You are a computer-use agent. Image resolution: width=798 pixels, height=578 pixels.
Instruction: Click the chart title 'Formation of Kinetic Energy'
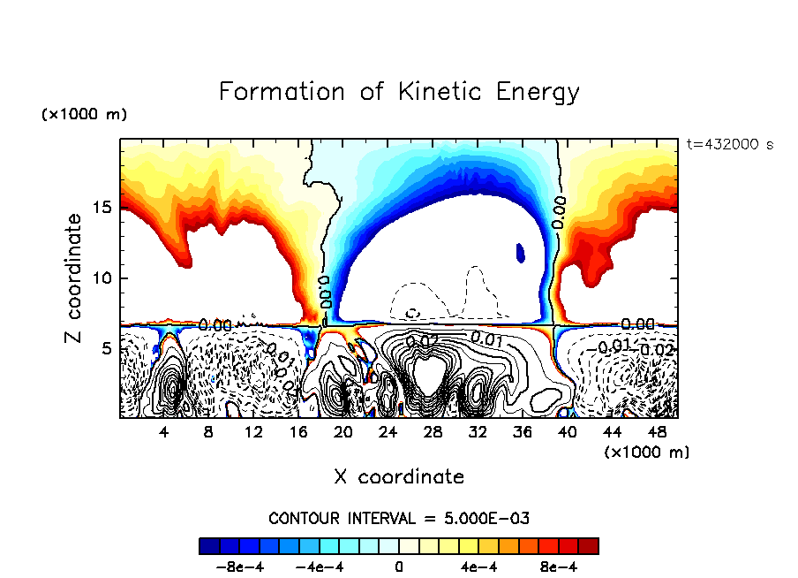pyautogui.click(x=399, y=92)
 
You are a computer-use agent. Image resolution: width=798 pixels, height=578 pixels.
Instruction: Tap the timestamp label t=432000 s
pyautogui.click(x=729, y=144)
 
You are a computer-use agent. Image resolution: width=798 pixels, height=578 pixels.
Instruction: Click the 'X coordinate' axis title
pyautogui.click(x=399, y=477)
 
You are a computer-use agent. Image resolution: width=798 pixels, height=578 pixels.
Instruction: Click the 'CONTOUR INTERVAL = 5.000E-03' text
pyautogui.click(x=399, y=518)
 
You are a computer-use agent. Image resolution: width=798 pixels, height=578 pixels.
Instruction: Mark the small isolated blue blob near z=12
pyautogui.click(x=520, y=254)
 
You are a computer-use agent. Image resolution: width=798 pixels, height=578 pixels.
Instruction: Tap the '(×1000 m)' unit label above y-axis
pyautogui.click(x=84, y=115)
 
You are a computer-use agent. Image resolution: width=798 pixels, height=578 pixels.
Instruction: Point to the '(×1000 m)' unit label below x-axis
pyautogui.click(x=647, y=452)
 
